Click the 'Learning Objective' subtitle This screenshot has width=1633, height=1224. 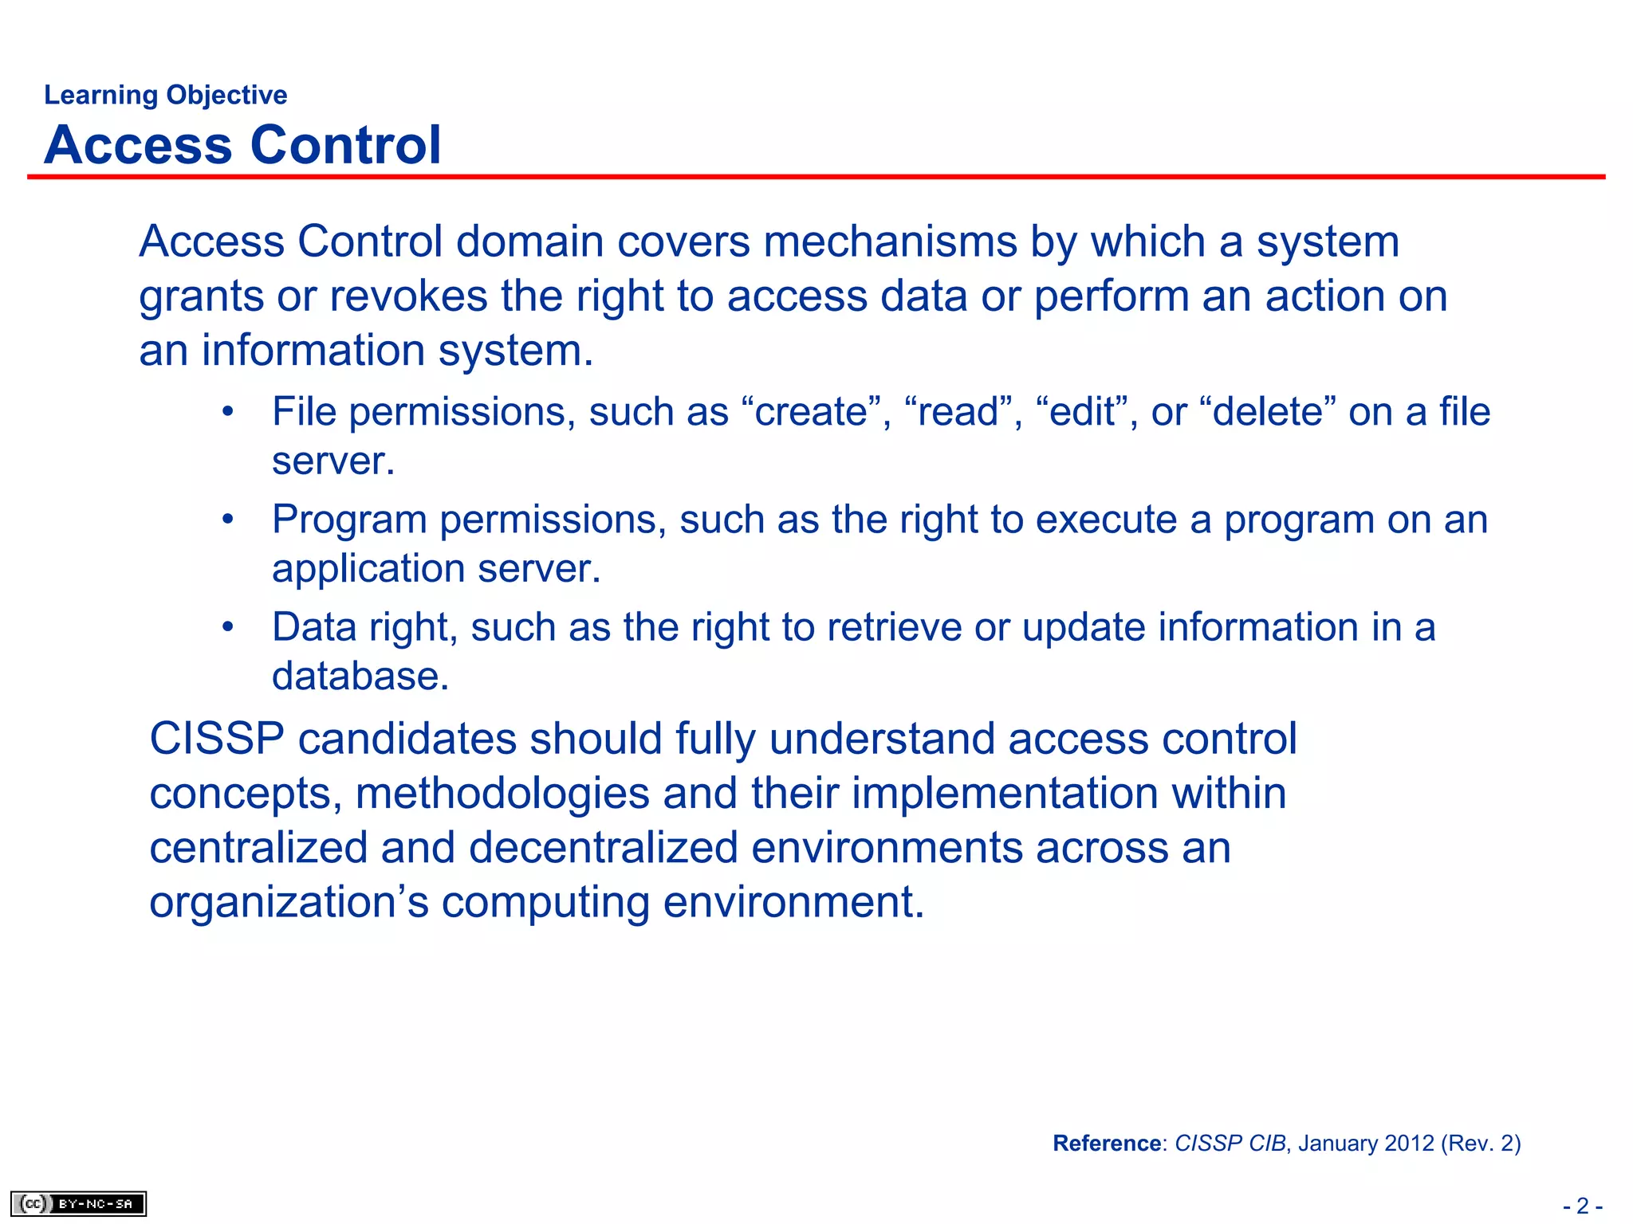pyautogui.click(x=165, y=95)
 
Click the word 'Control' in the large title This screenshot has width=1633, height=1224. pyautogui.click(x=345, y=145)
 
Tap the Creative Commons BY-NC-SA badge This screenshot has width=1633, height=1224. pyautogui.click(x=78, y=1203)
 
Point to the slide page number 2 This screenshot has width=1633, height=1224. pyautogui.click(x=1583, y=1206)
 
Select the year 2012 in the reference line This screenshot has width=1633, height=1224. pyautogui.click(x=1410, y=1144)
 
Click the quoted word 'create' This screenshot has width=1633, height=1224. pyautogui.click(x=811, y=413)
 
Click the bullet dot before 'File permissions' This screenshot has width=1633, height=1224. pyautogui.click(x=228, y=413)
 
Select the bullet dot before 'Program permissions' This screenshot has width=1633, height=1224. pyautogui.click(x=228, y=520)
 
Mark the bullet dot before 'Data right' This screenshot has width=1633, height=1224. pyautogui.click(x=228, y=628)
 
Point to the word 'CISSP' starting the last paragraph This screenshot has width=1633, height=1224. pyautogui.click(x=217, y=739)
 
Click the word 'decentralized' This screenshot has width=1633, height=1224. pyautogui.click(x=603, y=847)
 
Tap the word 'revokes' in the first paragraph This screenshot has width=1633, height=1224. pyautogui.click(x=408, y=296)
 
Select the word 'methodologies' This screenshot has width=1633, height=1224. pyautogui.click(x=502, y=794)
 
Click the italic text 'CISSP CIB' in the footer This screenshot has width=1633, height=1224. pyautogui.click(x=1230, y=1144)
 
